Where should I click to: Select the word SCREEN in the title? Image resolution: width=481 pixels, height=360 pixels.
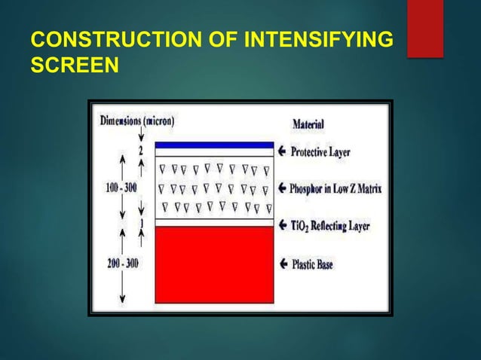74,66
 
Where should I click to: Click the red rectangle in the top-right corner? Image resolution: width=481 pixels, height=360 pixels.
424,28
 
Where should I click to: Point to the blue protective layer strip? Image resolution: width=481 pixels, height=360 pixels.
213,145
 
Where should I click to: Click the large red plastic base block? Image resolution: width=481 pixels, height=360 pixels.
213,264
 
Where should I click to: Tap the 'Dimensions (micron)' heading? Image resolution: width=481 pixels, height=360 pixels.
136,120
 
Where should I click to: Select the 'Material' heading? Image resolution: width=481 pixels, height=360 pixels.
312,125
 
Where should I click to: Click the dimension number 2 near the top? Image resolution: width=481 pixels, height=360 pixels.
139,151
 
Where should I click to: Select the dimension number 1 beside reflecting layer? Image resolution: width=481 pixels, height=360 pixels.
139,224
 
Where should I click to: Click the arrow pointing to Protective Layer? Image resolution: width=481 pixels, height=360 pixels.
283,151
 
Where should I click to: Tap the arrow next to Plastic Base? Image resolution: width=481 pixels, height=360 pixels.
283,264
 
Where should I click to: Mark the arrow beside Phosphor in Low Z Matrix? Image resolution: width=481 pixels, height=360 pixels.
283,188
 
